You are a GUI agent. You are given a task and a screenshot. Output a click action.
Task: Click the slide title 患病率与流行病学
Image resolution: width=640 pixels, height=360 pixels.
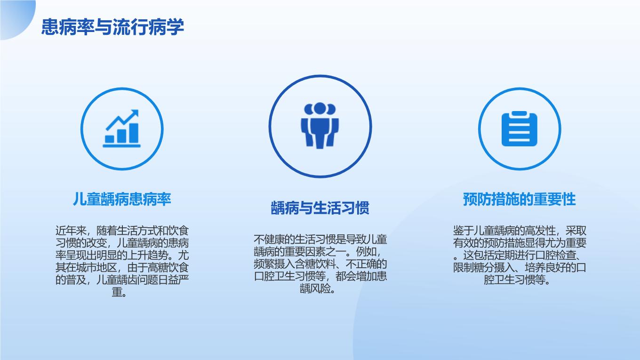pyautogui.click(x=112, y=27)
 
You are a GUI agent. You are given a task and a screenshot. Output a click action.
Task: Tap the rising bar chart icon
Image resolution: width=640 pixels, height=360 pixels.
pyautogui.click(x=122, y=128)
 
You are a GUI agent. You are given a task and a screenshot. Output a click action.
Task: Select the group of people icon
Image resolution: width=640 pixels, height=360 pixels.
pyautogui.click(x=320, y=126)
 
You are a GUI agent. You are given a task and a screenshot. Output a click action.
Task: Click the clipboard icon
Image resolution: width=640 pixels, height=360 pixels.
pyautogui.click(x=520, y=128)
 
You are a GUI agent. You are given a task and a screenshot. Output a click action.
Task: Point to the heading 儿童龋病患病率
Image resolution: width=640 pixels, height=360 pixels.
pyautogui.click(x=122, y=199)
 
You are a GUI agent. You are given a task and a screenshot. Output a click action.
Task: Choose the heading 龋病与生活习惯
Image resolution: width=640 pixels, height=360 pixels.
pyautogui.click(x=320, y=208)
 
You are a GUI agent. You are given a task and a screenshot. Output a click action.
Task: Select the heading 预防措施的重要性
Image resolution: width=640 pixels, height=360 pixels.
pyautogui.click(x=519, y=199)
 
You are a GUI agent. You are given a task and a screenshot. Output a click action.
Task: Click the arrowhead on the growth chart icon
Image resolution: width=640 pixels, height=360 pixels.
pyautogui.click(x=135, y=113)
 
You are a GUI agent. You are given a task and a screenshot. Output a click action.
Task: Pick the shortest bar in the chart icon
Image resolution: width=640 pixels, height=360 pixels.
pyautogui.click(x=110, y=139)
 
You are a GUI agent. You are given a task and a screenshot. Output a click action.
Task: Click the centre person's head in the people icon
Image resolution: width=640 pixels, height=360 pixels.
pyautogui.click(x=320, y=108)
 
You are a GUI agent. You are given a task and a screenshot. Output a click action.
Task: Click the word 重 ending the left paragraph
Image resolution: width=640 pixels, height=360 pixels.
pyautogui.click(x=117, y=292)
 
